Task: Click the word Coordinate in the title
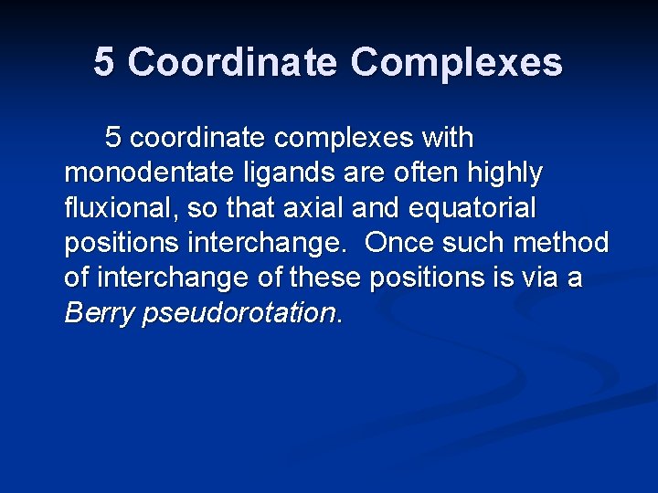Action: click(232, 62)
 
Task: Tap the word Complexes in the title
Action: click(456, 62)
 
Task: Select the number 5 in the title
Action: click(104, 62)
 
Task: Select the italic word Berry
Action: click(98, 313)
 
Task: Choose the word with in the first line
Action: click(447, 138)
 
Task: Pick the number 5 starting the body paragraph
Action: click(113, 138)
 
